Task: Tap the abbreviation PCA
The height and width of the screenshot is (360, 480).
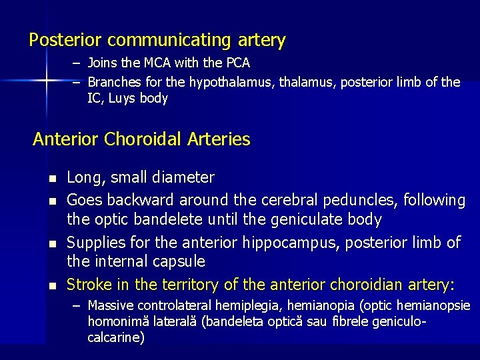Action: click(237, 63)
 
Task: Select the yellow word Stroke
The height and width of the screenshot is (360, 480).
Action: click(90, 285)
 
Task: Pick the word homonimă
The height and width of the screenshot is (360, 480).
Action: click(116, 321)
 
